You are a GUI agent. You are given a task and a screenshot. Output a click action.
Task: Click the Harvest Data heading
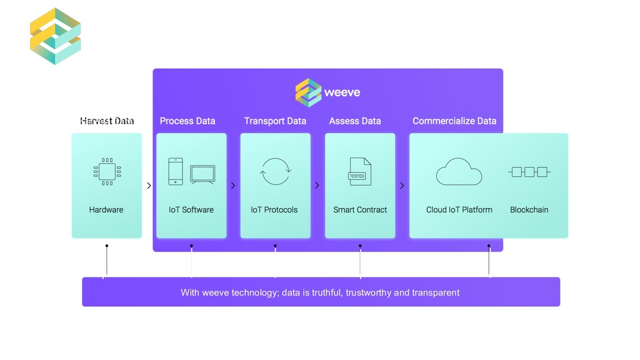[107, 121]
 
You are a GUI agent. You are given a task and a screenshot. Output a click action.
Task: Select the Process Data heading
[187, 121]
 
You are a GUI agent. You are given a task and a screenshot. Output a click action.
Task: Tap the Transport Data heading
[275, 121]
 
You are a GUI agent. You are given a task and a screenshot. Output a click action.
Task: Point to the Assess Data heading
[355, 121]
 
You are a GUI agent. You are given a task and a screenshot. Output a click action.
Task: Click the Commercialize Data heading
[454, 121]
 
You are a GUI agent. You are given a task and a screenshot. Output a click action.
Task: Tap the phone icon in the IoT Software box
[176, 171]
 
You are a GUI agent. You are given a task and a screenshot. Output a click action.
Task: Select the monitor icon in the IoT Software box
[202, 174]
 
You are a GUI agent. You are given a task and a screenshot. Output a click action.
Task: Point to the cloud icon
[459, 172]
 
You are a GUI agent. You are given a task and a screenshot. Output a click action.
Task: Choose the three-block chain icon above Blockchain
[529, 172]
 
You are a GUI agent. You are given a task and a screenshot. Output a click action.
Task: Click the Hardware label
[106, 210]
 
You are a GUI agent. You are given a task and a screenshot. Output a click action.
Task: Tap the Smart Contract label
[360, 210]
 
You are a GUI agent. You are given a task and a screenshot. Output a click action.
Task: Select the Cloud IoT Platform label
[459, 210]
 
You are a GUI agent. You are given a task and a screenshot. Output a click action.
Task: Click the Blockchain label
[529, 210]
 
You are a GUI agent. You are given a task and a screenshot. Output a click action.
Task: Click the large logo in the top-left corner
[56, 36]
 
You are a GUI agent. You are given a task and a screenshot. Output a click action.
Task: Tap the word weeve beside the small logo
[342, 93]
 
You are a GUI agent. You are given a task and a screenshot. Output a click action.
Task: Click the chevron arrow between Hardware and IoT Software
[149, 186]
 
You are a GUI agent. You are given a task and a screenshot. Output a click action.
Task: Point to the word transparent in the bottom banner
[436, 292]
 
